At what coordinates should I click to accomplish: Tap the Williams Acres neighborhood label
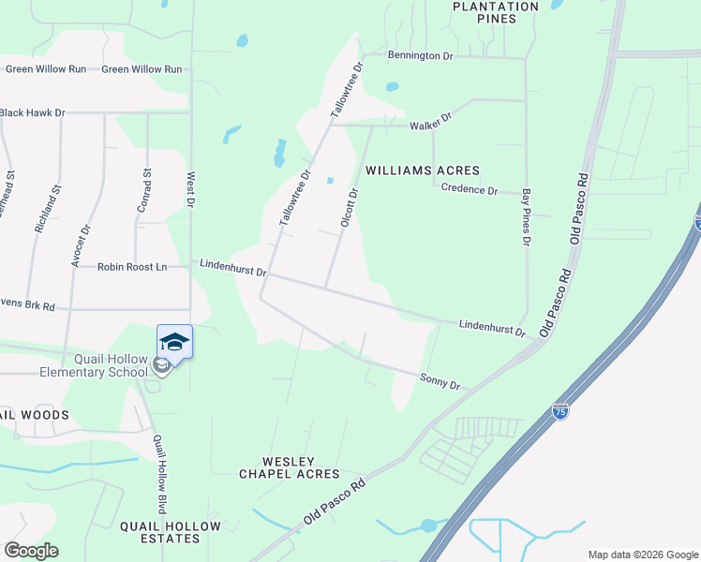[422, 170]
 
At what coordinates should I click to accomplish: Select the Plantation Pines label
[496, 12]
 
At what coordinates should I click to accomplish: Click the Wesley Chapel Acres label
[289, 467]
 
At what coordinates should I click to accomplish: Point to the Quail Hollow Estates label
[171, 532]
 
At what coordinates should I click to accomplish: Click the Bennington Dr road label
[421, 56]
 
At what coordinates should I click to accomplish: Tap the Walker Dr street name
[431, 122]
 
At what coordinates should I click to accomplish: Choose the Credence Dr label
[470, 189]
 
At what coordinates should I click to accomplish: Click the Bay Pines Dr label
[526, 215]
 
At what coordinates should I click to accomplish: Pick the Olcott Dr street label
[349, 208]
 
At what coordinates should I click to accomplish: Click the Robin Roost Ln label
[132, 267]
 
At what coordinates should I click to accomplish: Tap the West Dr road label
[190, 189]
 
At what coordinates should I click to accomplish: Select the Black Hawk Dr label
[32, 112]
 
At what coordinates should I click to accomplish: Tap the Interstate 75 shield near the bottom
[559, 412]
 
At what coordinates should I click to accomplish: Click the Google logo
[31, 551]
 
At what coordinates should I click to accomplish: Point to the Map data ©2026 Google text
[642, 555]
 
